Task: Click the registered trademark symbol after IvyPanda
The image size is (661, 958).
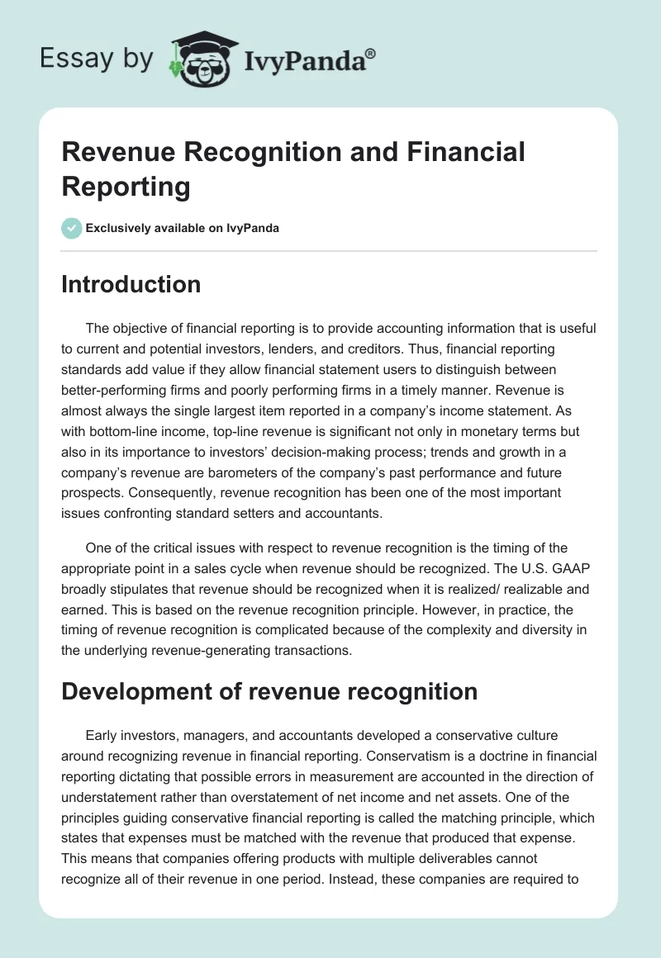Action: click(371, 53)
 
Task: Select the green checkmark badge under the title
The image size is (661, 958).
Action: click(72, 228)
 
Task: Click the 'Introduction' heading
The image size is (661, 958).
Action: click(131, 284)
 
